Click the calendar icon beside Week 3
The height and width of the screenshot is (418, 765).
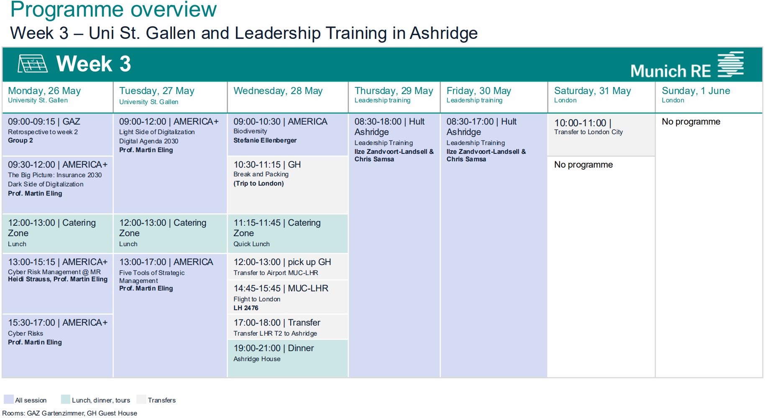pos(32,64)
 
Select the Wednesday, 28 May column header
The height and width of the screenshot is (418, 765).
pos(278,91)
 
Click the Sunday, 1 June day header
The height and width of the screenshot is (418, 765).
pos(696,91)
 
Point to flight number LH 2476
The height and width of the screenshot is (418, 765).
pos(246,308)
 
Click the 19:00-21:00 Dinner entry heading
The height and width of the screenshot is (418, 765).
pos(274,348)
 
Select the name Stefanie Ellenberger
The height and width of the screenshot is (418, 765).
pos(265,140)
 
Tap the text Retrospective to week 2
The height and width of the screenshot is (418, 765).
pos(43,132)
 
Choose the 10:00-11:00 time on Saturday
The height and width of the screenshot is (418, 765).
pos(580,123)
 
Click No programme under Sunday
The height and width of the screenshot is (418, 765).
pos(691,122)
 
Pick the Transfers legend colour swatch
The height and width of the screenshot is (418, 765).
pos(141,400)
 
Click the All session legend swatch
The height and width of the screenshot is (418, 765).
pos(8,400)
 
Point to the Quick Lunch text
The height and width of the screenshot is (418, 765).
pos(251,244)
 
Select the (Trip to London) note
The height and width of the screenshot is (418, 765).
pos(258,184)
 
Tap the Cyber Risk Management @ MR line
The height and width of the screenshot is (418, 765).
pos(54,272)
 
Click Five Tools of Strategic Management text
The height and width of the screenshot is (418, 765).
pos(152,277)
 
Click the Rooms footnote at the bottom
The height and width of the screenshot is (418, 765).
pos(69,413)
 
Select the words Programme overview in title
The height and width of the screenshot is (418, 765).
pos(113,10)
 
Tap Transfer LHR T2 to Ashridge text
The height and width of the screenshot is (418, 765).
pos(275,334)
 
